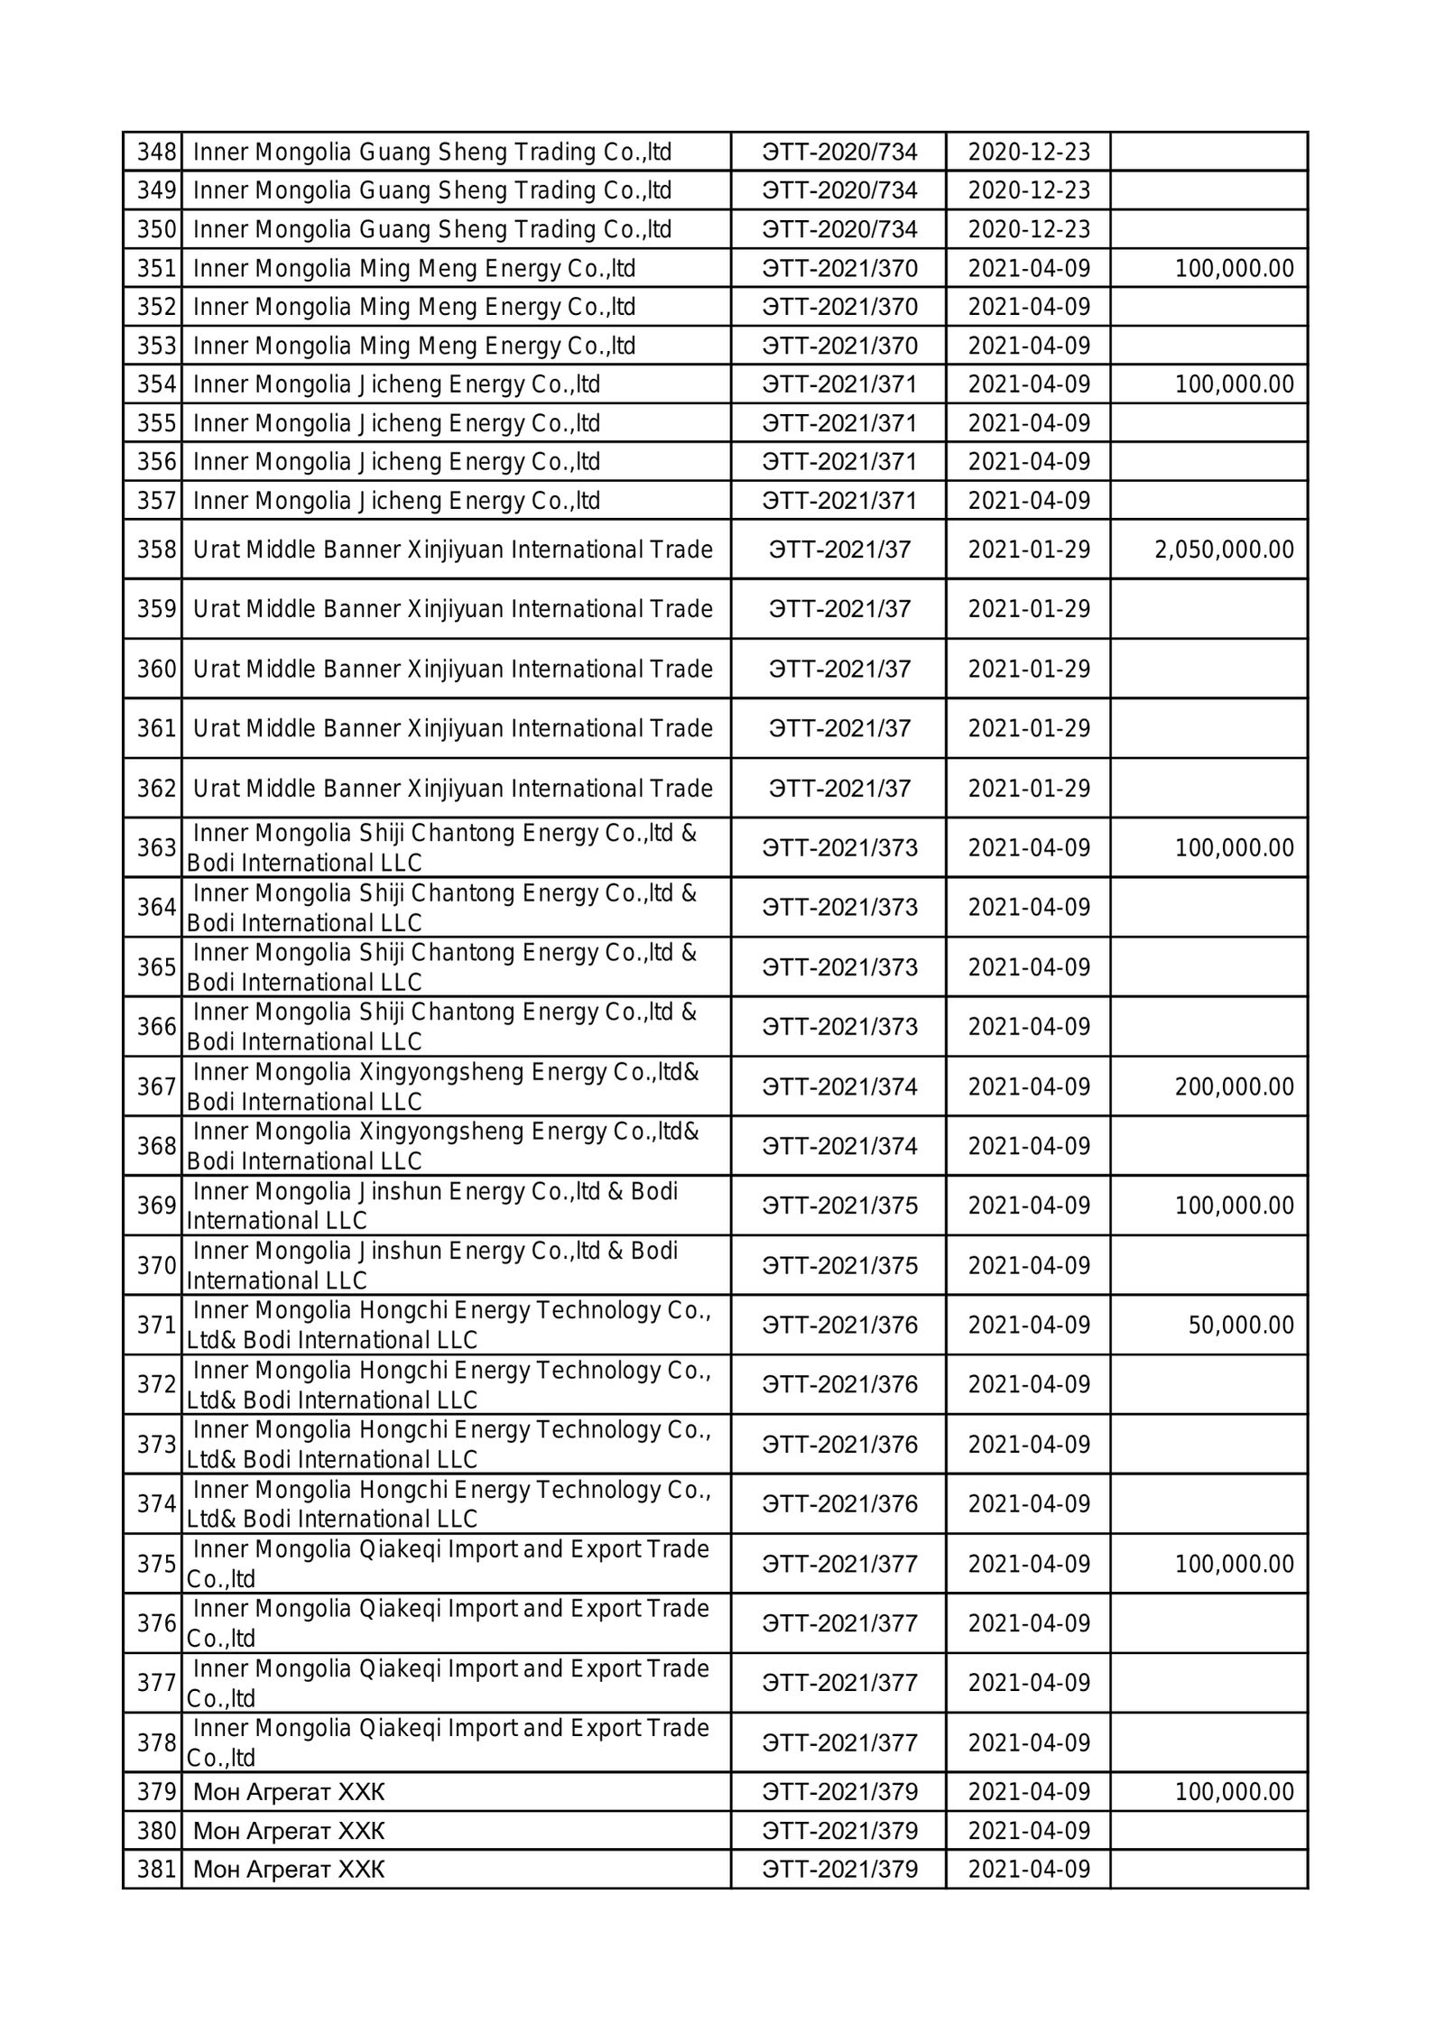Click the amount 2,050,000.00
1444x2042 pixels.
1224,550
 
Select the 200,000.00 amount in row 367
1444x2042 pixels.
1234,1086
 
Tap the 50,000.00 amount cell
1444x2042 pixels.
1241,1326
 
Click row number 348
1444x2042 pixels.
156,152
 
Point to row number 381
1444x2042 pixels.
156,1869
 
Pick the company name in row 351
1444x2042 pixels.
414,268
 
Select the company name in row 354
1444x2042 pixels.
396,384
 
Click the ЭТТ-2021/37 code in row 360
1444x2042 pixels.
839,669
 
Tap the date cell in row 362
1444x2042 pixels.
1029,789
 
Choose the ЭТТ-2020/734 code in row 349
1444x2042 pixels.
839,190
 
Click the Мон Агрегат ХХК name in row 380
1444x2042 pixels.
289,1830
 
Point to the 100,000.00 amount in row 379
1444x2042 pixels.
1234,1791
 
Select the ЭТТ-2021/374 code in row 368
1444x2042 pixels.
839,1146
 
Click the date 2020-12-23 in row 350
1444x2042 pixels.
1029,229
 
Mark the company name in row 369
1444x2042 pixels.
433,1206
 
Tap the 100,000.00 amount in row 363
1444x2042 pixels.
1234,848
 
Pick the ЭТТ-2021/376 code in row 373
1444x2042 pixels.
839,1445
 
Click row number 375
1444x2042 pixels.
156,1564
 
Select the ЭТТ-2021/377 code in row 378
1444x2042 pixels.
839,1742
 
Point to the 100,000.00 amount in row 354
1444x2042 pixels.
1234,384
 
